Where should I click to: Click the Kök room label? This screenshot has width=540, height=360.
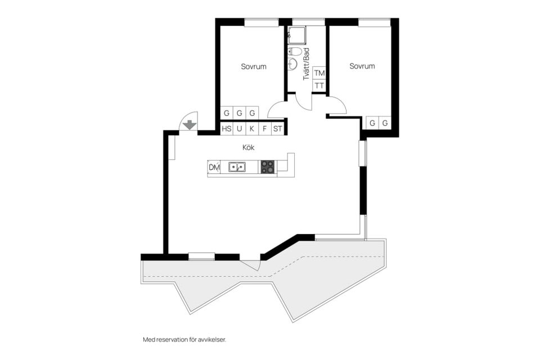[249, 148]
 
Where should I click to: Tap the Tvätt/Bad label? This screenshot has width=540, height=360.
[306, 64]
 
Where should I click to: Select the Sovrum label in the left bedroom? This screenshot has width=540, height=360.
[254, 66]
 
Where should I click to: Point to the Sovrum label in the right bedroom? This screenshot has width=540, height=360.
[362, 66]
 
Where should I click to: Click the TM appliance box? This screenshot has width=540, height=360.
[319, 73]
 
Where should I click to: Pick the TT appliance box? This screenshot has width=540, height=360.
[319, 86]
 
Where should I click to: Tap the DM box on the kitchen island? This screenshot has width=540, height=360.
[214, 167]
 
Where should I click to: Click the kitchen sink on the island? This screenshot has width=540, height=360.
[236, 166]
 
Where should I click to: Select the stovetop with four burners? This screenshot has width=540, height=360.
[268, 166]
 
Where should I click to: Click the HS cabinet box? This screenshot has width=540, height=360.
[227, 129]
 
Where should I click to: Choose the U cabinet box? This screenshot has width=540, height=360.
[239, 129]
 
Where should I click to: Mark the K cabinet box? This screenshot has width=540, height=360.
[252, 129]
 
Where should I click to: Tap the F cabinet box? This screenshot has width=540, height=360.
[264, 129]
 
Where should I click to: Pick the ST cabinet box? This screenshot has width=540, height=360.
[277, 129]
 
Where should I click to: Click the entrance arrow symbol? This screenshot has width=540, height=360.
[190, 124]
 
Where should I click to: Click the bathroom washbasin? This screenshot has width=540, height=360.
[292, 64]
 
